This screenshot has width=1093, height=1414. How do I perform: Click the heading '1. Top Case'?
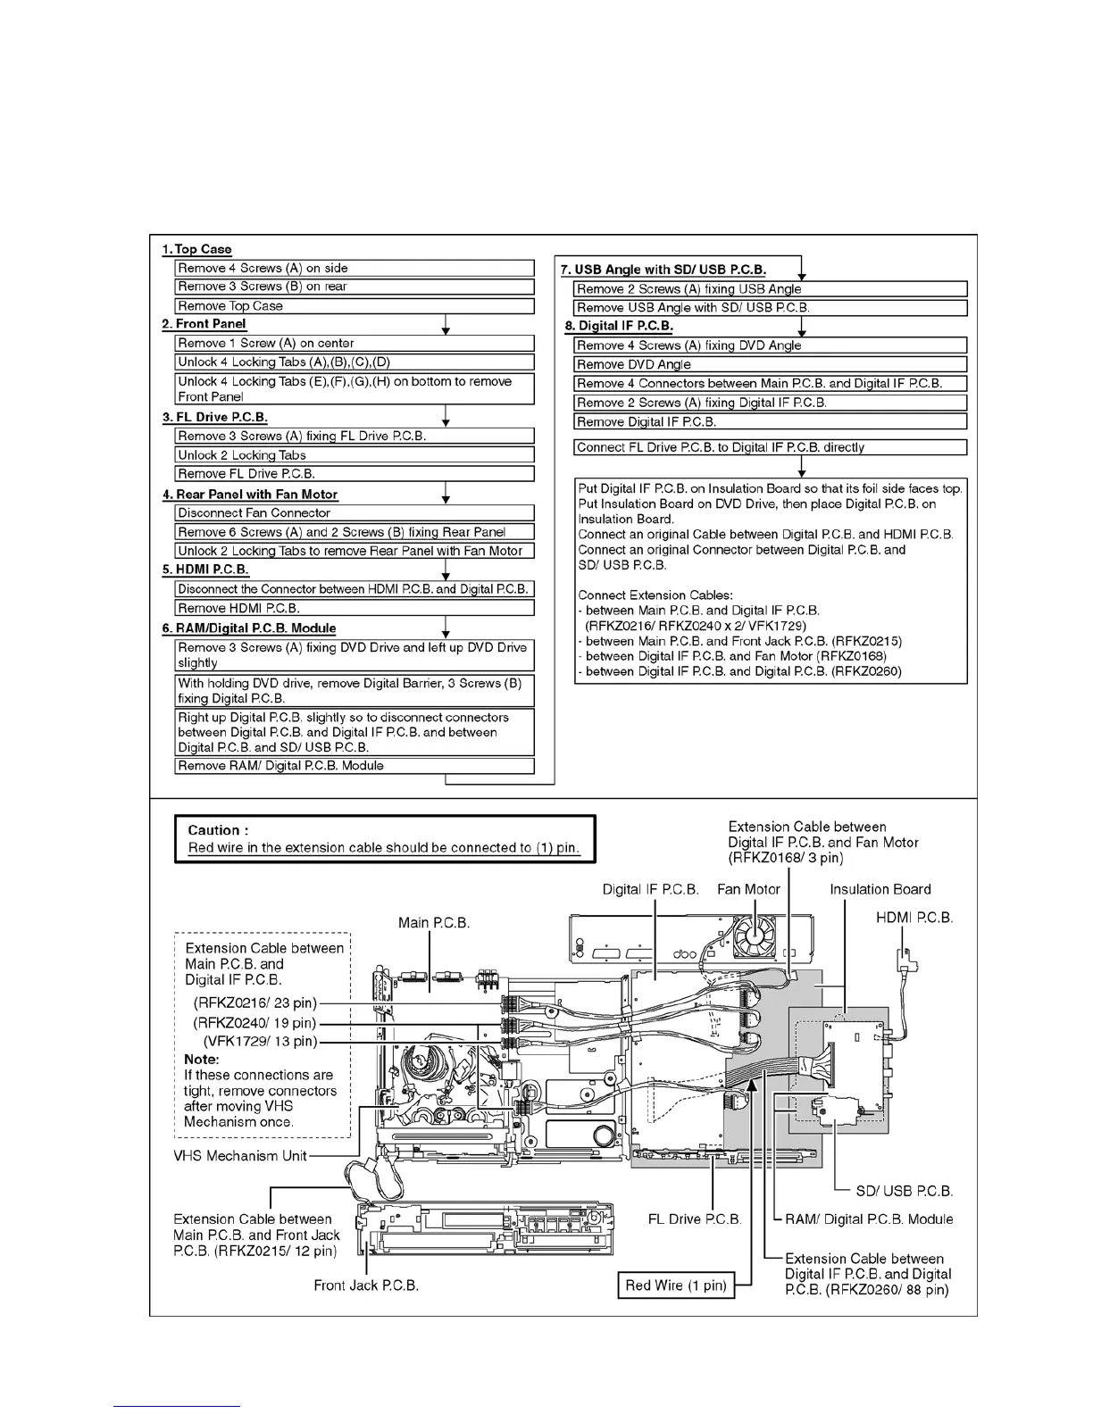(x=196, y=249)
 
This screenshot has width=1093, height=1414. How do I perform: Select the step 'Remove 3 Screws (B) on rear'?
(x=263, y=287)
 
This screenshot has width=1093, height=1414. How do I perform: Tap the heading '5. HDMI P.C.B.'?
(x=205, y=570)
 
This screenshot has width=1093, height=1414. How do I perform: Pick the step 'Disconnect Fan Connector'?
(x=254, y=513)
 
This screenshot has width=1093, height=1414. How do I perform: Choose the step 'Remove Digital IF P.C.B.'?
(x=647, y=422)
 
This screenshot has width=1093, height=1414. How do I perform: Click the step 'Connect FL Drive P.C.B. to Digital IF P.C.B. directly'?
(x=721, y=447)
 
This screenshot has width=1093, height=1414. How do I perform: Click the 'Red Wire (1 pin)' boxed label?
(x=676, y=1285)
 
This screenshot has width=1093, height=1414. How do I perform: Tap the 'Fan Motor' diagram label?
(x=748, y=889)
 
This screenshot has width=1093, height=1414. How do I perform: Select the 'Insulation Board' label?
(x=880, y=889)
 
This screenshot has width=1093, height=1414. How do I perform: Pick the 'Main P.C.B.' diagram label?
(x=433, y=922)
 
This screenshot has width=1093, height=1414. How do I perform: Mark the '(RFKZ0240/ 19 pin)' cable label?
(x=254, y=1023)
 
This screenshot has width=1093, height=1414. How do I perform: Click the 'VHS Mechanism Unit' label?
(x=239, y=1156)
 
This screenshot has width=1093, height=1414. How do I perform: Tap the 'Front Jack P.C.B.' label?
(x=366, y=1285)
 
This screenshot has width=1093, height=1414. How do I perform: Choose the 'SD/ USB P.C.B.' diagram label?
(x=904, y=1191)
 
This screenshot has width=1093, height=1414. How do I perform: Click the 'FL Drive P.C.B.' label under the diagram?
(x=695, y=1219)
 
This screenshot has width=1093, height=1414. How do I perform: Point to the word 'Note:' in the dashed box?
(x=202, y=1059)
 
